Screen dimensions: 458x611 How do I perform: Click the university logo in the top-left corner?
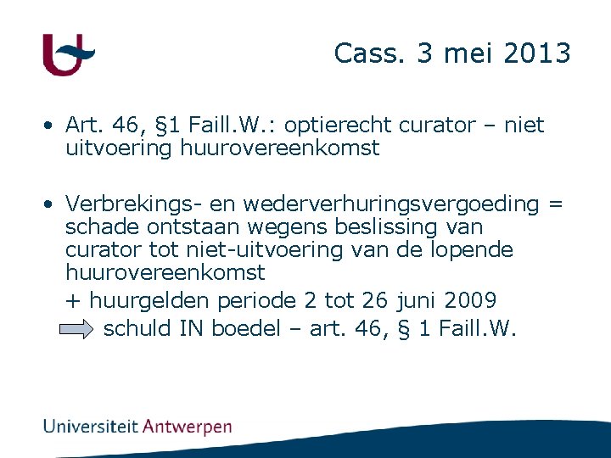(68, 55)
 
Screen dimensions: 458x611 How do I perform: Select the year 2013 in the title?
(538, 53)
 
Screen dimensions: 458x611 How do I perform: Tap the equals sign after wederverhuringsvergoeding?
(555, 204)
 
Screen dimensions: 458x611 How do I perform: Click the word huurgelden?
(150, 300)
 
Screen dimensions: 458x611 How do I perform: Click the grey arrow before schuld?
(78, 329)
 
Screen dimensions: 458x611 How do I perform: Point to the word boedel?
(245, 328)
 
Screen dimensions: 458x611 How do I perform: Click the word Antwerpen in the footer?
(187, 427)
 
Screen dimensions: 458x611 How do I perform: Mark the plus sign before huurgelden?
(74, 300)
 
